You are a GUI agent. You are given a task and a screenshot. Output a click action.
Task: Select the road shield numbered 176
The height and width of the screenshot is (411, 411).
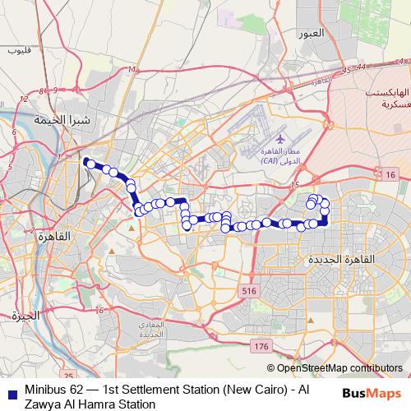(x=261, y=347)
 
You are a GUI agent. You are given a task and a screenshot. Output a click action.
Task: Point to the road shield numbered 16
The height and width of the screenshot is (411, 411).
(x=389, y=152)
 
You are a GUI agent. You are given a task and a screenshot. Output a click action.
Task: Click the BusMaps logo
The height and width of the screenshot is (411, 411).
(x=371, y=392)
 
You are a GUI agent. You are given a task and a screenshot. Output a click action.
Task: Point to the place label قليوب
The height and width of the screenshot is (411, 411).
(x=18, y=50)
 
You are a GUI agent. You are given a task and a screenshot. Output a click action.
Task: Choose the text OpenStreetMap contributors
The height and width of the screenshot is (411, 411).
(x=339, y=369)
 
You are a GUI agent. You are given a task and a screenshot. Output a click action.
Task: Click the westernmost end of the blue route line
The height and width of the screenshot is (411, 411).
(x=85, y=139)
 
